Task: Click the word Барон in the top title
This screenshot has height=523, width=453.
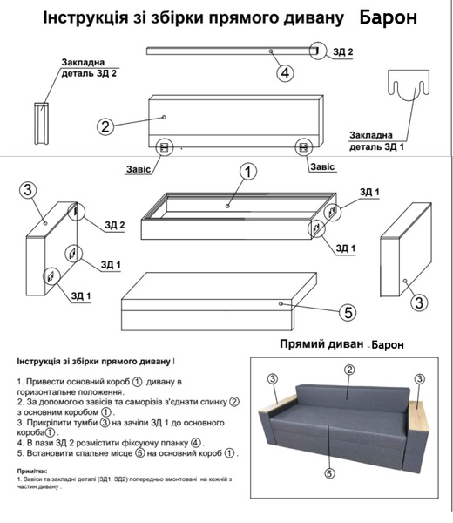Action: [x=389, y=17]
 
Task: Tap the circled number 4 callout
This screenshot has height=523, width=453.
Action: [x=286, y=72]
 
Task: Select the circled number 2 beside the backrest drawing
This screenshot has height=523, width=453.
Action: [x=105, y=126]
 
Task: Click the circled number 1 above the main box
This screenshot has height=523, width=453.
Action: [x=248, y=172]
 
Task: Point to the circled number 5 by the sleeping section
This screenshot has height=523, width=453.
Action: [x=348, y=313]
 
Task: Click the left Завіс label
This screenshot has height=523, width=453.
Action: [x=139, y=169]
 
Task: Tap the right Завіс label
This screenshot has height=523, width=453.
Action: [x=322, y=166]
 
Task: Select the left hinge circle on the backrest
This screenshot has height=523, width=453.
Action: [x=165, y=147]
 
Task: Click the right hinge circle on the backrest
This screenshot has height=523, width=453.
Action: [x=304, y=147]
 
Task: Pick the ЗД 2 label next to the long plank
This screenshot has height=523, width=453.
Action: [x=343, y=51]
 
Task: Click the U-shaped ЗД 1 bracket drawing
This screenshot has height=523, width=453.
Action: [x=409, y=85]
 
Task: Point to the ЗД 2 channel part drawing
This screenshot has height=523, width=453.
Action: [x=41, y=124]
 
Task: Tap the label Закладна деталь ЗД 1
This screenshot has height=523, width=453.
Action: [x=376, y=141]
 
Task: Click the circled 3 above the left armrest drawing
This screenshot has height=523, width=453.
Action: [x=28, y=190]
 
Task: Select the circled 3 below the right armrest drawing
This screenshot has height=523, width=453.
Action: [x=419, y=302]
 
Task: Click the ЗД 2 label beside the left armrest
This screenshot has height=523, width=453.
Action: [x=115, y=225]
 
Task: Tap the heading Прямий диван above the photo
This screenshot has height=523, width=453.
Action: [x=321, y=343]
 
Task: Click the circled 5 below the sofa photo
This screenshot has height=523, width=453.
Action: [x=329, y=473]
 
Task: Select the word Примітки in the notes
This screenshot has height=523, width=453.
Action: [x=32, y=472]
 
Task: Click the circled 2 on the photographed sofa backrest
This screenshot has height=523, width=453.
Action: [x=349, y=370]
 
